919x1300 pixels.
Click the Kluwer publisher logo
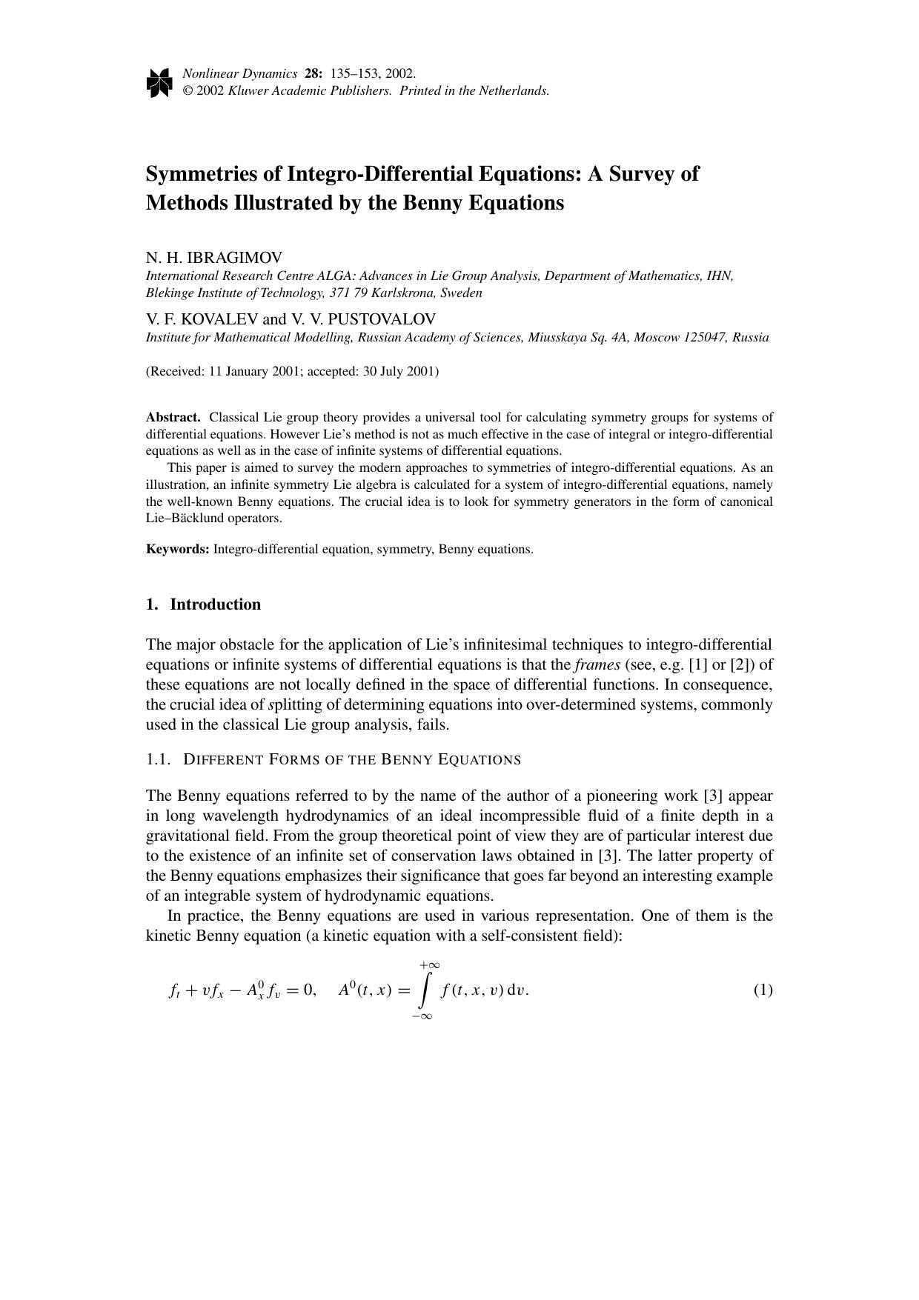[159, 82]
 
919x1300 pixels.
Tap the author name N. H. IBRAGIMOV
[214, 258]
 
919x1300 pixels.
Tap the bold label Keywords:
[178, 549]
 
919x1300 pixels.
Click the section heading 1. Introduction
[204, 604]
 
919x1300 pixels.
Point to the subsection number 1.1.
[158, 760]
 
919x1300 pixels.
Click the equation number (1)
[763, 990]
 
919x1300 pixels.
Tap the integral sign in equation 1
[424, 991]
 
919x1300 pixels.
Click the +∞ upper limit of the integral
[429, 965]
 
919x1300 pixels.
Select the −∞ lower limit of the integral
[422, 1016]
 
